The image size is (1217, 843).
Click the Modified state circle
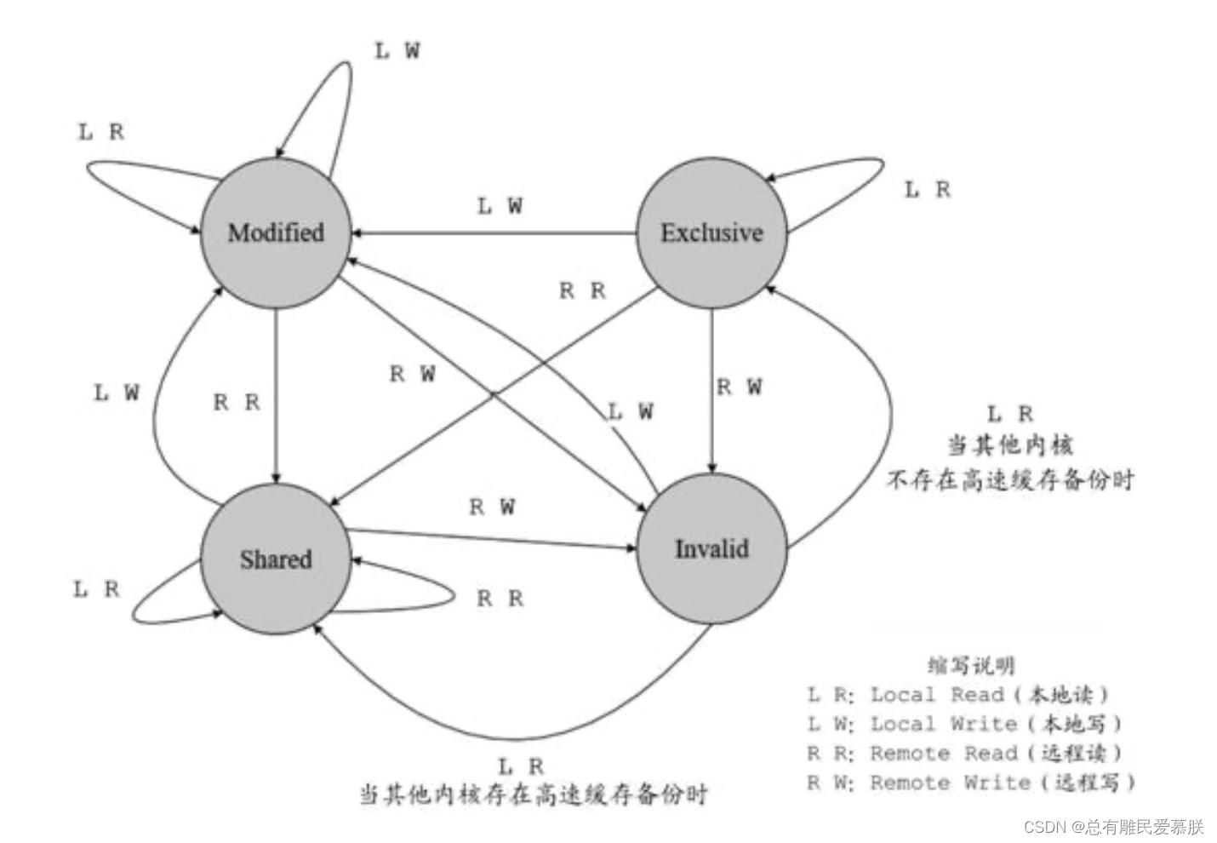(276, 232)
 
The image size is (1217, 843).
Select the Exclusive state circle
(712, 232)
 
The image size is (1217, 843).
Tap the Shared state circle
(276, 559)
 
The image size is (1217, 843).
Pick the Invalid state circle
(712, 548)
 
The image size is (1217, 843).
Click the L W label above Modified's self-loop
(397, 51)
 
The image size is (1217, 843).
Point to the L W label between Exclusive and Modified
(500, 206)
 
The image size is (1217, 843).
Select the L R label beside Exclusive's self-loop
(927, 190)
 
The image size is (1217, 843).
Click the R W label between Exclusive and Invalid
(739, 387)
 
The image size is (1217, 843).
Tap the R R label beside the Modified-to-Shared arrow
(237, 403)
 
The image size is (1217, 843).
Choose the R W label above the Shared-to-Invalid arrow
(492, 508)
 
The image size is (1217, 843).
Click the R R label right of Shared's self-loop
(500, 599)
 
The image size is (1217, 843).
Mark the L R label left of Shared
(96, 589)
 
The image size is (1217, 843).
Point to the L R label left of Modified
(101, 132)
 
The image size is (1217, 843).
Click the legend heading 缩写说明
(971, 665)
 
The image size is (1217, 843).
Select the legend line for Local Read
(959, 695)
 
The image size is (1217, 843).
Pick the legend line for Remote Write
(971, 783)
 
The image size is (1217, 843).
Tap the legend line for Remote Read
(965, 754)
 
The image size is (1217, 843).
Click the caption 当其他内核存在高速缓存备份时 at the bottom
(534, 794)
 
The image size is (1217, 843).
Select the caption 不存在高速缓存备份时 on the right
(1010, 480)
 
